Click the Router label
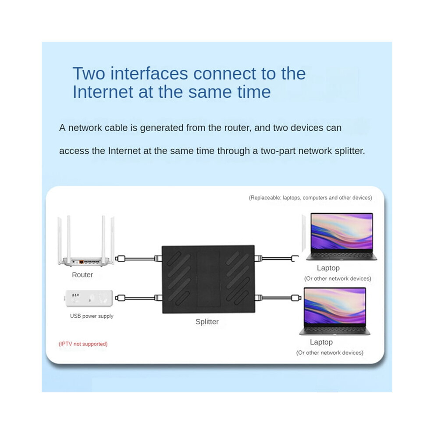[x=82, y=275]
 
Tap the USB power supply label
[x=92, y=316]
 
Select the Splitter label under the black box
[x=207, y=322]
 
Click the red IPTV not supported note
[x=83, y=344]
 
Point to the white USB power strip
[x=89, y=299]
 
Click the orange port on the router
[x=82, y=262]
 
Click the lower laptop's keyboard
[x=334, y=330]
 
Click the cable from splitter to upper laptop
[x=276, y=259]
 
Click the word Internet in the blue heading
[x=102, y=92]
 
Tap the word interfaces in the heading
[x=149, y=74]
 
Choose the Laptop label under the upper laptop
[x=328, y=268]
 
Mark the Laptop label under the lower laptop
[x=321, y=342]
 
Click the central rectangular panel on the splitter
[x=208, y=279]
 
